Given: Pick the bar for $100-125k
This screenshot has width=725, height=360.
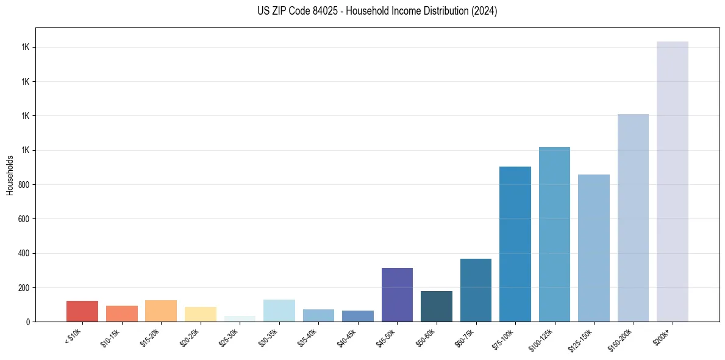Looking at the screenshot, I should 554,234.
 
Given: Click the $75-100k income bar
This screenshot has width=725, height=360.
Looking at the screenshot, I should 515,244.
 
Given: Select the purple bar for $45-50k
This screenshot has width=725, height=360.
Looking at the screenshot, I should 397,295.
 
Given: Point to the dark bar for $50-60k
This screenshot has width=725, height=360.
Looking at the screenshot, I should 436,306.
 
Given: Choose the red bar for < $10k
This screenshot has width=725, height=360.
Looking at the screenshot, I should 82,311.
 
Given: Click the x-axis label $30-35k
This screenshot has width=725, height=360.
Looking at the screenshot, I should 268,337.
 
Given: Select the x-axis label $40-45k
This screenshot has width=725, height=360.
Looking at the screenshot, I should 347,337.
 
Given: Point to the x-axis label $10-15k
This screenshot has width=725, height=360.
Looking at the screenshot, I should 111,337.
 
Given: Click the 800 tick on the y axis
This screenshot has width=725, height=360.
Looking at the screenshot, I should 24,185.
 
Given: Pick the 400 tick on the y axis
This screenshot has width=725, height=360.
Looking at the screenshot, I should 24,253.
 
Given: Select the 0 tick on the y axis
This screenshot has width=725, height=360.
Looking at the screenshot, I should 28,322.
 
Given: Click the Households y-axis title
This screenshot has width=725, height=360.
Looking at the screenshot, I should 10,175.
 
